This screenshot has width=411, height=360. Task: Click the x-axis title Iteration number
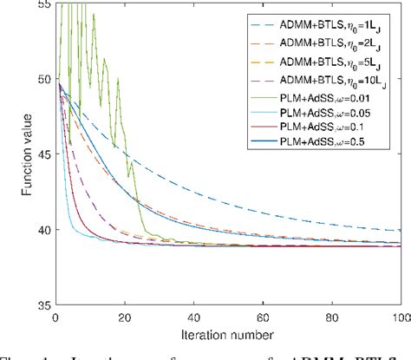coord(230,332)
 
